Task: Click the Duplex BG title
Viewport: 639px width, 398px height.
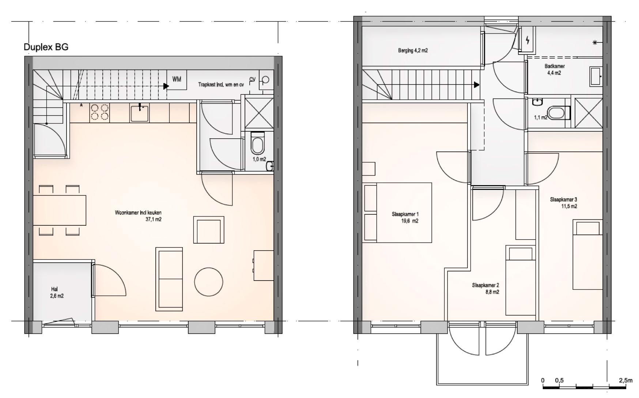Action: click(x=46, y=47)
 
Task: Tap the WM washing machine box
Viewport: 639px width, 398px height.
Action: click(x=177, y=79)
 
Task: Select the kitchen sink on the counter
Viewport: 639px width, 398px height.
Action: click(x=140, y=113)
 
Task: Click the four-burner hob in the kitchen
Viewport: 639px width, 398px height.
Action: click(x=99, y=112)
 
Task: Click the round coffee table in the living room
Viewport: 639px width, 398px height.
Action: click(x=209, y=282)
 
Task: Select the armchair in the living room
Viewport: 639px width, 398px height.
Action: click(x=208, y=230)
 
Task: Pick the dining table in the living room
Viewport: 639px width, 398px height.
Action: click(x=60, y=210)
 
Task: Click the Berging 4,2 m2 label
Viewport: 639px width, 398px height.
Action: click(x=413, y=51)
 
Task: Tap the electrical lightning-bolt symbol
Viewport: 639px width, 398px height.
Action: click(x=528, y=40)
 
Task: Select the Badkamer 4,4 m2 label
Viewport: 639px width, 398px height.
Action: click(x=554, y=70)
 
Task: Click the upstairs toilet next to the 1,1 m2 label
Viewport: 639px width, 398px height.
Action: click(x=559, y=113)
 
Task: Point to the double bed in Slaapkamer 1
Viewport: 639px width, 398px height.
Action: click(x=397, y=213)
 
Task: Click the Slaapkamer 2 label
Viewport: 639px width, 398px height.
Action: click(x=485, y=285)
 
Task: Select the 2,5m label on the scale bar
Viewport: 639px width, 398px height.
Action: click(x=626, y=380)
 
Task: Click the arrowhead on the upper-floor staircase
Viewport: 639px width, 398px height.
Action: click(x=477, y=85)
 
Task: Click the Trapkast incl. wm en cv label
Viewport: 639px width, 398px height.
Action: click(x=221, y=85)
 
